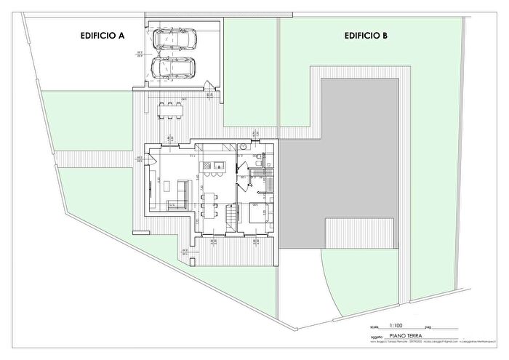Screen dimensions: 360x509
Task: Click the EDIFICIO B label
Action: [x=366, y=35]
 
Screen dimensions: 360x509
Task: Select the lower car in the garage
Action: [x=174, y=68]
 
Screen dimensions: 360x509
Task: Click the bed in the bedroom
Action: [x=258, y=213]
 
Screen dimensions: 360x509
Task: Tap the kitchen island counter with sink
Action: [x=217, y=171]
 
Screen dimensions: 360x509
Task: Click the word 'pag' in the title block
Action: [x=428, y=328]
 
